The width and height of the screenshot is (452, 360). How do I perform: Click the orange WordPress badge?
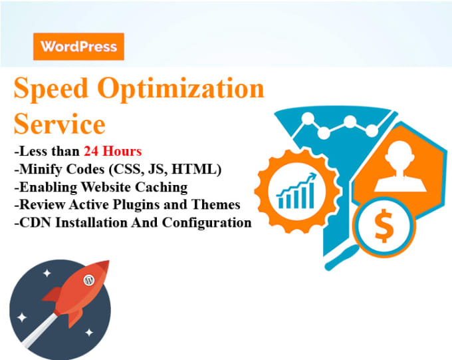click(x=78, y=47)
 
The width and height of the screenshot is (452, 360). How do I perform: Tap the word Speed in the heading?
click(x=51, y=89)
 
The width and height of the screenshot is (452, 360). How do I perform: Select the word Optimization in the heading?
click(x=181, y=89)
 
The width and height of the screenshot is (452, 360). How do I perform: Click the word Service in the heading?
click(x=59, y=124)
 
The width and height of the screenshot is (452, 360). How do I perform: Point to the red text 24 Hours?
click(x=113, y=151)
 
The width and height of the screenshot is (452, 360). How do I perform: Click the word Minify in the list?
click(x=41, y=169)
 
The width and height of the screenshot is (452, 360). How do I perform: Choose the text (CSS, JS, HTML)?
click(x=165, y=169)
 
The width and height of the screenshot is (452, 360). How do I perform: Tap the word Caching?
click(x=162, y=188)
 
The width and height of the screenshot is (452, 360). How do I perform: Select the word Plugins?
click(x=136, y=205)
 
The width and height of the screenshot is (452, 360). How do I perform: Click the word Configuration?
click(x=207, y=223)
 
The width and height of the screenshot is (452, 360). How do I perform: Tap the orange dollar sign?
click(x=384, y=226)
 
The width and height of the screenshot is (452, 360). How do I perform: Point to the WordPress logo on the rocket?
click(x=89, y=280)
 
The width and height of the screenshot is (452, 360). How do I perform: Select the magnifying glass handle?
click(x=340, y=258)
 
